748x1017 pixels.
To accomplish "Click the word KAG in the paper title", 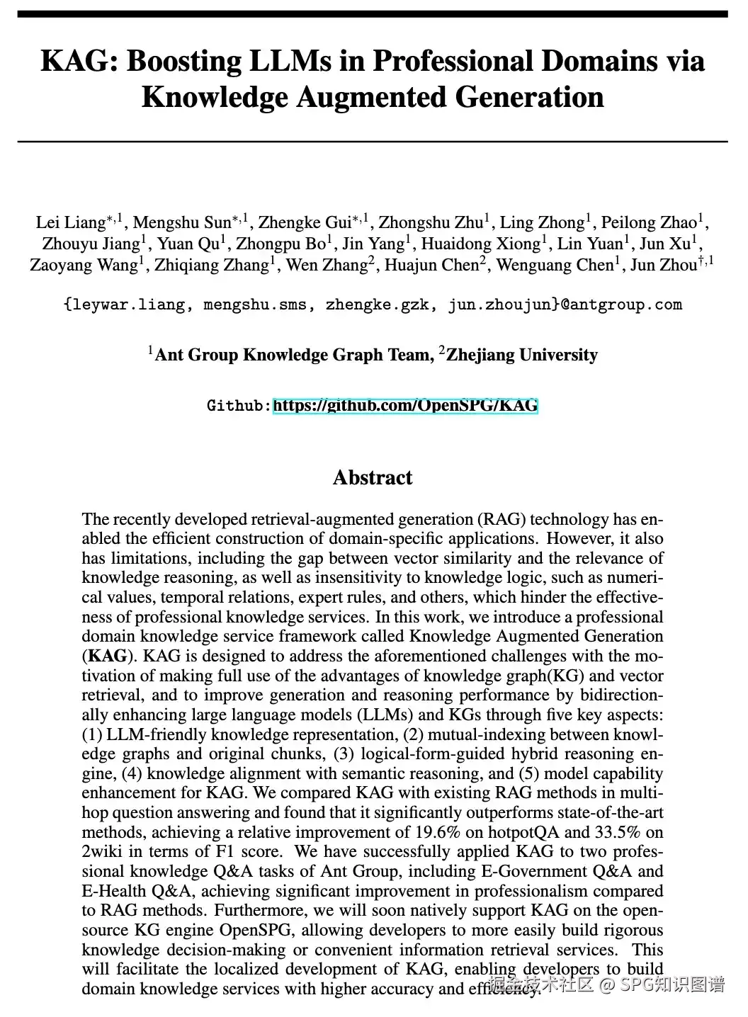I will [x=77, y=62].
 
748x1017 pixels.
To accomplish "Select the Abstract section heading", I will [x=373, y=477].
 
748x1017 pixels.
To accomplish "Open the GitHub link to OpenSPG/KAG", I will [x=405, y=406].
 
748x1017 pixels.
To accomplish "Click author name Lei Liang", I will [x=70, y=222].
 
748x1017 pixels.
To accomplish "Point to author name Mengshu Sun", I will [x=182, y=222].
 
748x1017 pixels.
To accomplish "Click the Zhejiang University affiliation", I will [x=521, y=355].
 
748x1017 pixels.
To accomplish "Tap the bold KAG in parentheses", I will [x=108, y=656].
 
